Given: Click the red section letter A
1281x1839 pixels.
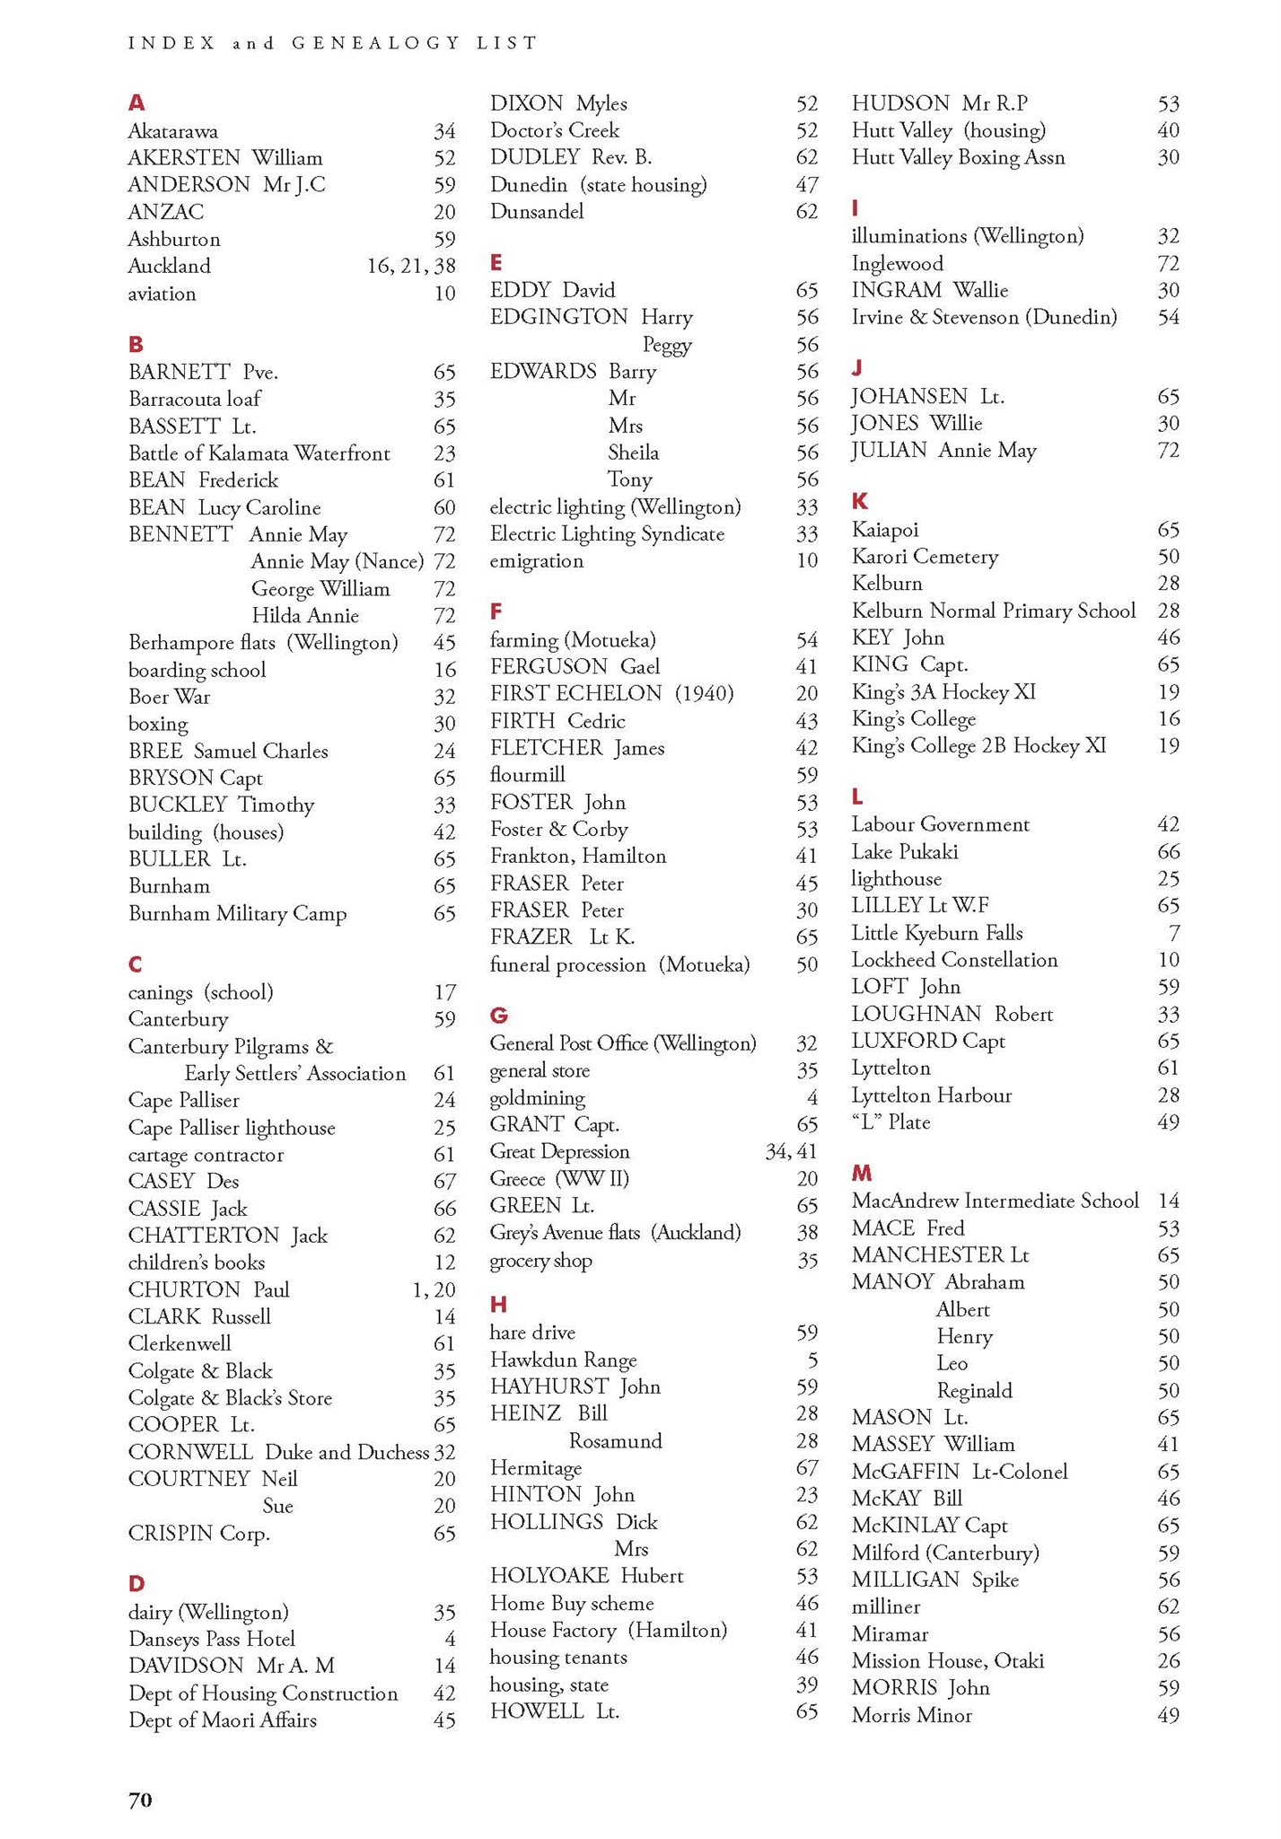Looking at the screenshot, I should point(136,103).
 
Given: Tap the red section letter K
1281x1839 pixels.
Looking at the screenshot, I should point(859,501).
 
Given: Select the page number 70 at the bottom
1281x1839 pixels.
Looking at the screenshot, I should point(140,1799).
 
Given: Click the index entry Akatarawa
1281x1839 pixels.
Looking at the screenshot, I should point(172,131).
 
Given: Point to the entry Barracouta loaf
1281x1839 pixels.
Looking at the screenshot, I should point(194,399).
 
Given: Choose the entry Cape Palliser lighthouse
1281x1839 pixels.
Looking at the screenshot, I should point(232,1128).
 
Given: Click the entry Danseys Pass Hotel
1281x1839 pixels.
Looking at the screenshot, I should point(212,1639).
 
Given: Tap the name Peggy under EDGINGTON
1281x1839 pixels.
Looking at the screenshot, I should point(667,345).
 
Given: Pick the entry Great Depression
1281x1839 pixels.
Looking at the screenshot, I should point(559,1151).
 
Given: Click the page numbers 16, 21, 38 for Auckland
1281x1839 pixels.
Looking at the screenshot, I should point(411,266).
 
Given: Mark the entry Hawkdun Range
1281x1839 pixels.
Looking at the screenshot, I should point(563,1359).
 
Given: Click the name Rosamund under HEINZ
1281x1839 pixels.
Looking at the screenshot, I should point(616,1440).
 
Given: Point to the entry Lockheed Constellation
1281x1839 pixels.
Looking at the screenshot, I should point(954,960).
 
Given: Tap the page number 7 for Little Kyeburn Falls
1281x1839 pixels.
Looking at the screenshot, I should point(1174,933).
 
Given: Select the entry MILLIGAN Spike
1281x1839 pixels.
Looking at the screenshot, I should point(934,1579).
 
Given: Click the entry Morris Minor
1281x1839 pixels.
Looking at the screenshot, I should point(911,1715).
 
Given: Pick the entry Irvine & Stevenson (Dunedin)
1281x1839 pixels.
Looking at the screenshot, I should point(984,317).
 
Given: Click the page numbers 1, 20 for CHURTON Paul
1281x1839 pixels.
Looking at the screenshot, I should point(434,1289).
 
